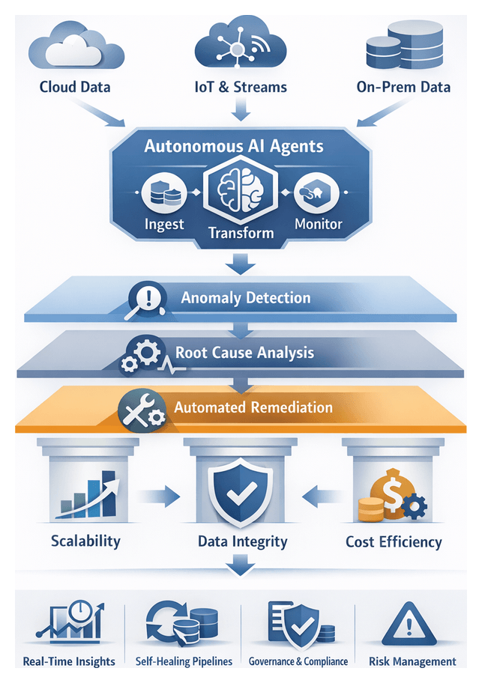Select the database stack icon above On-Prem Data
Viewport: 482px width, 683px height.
(x=403, y=46)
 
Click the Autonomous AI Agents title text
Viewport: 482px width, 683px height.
(x=234, y=145)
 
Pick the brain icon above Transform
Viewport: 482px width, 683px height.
(x=240, y=192)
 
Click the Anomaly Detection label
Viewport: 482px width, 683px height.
(x=245, y=298)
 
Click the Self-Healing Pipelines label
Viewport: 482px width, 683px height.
(x=184, y=661)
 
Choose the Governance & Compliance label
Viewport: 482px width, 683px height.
(x=298, y=661)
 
